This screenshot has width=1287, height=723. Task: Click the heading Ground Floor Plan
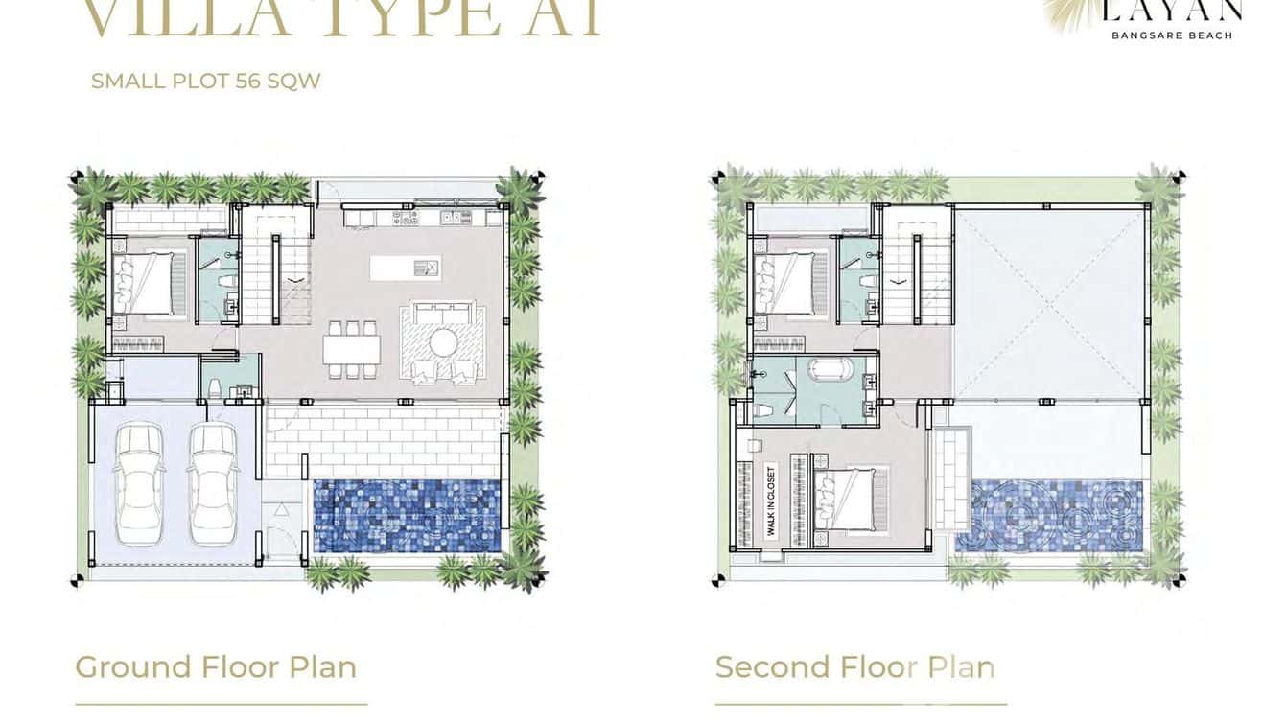point(216,666)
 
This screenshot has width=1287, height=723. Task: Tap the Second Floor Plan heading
point(854,666)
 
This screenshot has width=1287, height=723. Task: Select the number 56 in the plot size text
point(248,81)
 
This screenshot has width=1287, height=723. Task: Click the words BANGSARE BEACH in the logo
point(1172,35)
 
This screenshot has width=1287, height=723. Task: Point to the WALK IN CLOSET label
point(770,501)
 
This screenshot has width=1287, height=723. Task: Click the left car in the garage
point(139,483)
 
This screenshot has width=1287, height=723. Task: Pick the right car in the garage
point(213,483)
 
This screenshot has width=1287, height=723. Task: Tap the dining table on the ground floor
point(352,349)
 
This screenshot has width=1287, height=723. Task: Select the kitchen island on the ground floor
point(405,268)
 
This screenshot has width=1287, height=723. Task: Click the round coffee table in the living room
point(444,342)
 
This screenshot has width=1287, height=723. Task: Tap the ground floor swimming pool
point(407,516)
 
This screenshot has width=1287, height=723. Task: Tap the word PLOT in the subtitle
point(199,81)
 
